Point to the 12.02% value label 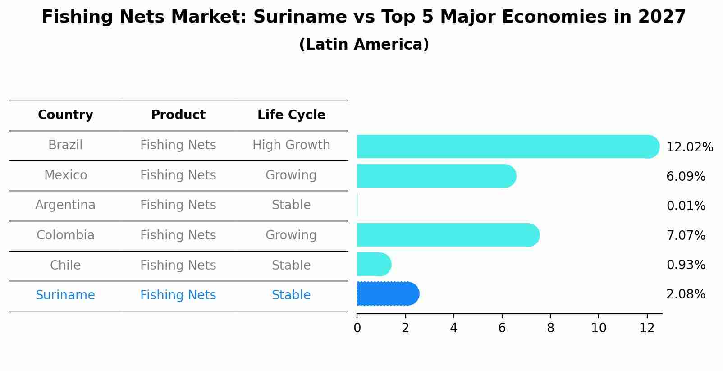pyautogui.click(x=689, y=147)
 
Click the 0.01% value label pyautogui.click(x=686, y=206)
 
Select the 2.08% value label pyautogui.click(x=686, y=294)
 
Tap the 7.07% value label pyautogui.click(x=686, y=235)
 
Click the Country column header pyautogui.click(x=65, y=115)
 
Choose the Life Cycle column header pyautogui.click(x=291, y=115)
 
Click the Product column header pyautogui.click(x=178, y=115)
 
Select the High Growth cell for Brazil pyautogui.click(x=291, y=145)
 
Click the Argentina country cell pyautogui.click(x=65, y=205)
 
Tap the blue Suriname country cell pyautogui.click(x=65, y=295)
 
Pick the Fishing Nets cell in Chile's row pyautogui.click(x=178, y=265)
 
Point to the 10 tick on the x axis pyautogui.click(x=599, y=328)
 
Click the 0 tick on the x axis pyautogui.click(x=357, y=328)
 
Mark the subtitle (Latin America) pyautogui.click(x=364, y=45)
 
